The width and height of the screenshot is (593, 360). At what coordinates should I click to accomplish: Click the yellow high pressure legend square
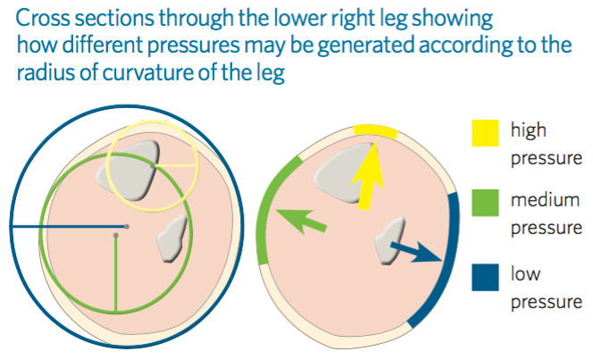pyautogui.click(x=485, y=133)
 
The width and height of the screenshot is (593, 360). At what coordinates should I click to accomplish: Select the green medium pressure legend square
pyautogui.click(x=485, y=203)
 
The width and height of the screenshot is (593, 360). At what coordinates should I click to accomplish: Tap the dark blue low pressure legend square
pyautogui.click(x=485, y=277)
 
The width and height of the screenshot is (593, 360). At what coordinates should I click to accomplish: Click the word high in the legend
pyautogui.click(x=529, y=130)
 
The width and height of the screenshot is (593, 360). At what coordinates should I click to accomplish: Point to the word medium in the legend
pyautogui.click(x=545, y=200)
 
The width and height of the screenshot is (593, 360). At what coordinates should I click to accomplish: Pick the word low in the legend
pyautogui.click(x=525, y=273)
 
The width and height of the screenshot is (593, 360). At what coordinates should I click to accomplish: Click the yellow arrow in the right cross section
pyautogui.click(x=368, y=176)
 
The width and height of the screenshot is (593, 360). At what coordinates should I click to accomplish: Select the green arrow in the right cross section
pyautogui.click(x=302, y=222)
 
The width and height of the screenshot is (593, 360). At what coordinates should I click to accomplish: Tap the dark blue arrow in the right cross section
pyautogui.click(x=416, y=252)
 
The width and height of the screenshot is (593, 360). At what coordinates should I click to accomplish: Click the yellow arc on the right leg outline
pyautogui.click(x=376, y=130)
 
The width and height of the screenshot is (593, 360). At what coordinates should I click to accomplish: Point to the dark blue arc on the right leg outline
pyautogui.click(x=447, y=261)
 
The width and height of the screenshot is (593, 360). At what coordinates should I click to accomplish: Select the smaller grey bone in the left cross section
pyautogui.click(x=172, y=239)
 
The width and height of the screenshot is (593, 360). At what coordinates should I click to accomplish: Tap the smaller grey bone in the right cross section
pyautogui.click(x=389, y=240)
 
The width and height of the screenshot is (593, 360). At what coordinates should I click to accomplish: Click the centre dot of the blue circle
pyautogui.click(x=127, y=227)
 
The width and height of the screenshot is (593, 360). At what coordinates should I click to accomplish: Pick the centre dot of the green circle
pyautogui.click(x=116, y=236)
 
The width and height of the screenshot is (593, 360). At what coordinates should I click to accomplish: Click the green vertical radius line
pyautogui.click(x=116, y=274)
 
